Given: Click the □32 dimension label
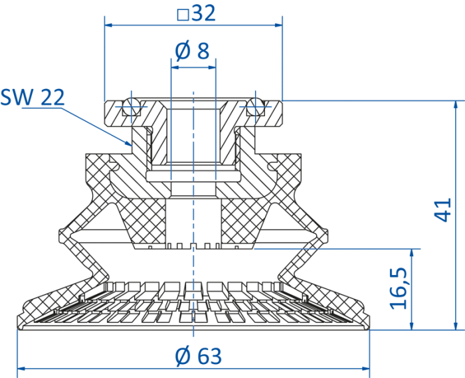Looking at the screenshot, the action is click(197, 13).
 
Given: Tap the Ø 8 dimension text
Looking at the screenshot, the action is click(192, 50).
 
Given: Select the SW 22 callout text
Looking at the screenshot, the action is click(33, 97).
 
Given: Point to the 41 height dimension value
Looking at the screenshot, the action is click(442, 210).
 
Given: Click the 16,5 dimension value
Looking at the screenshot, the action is click(399, 288).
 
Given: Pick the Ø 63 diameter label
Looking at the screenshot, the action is click(198, 356).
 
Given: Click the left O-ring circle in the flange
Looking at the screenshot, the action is click(131, 106).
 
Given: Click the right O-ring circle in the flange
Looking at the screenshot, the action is click(256, 106).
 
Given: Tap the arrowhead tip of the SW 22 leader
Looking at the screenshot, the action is click(132, 146).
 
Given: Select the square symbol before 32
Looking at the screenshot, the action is click(183, 15).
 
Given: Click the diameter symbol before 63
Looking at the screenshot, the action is click(183, 356).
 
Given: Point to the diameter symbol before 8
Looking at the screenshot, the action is click(182, 51).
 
